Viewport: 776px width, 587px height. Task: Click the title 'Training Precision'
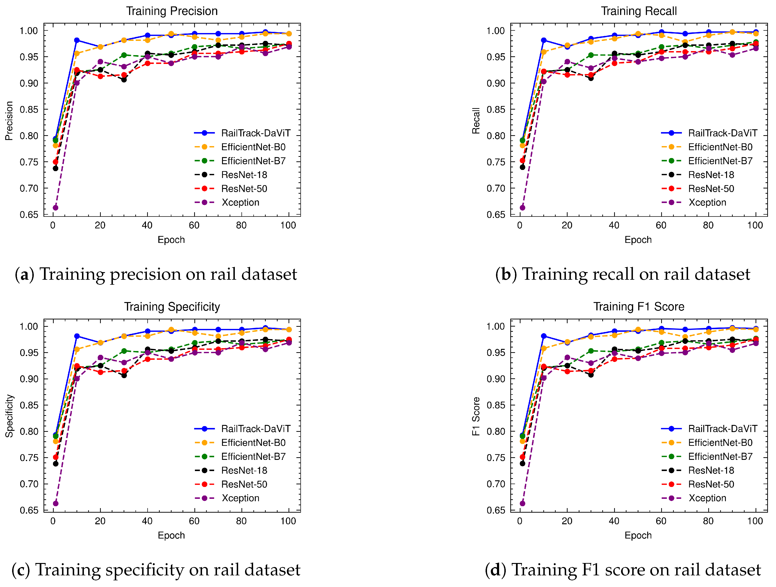[x=172, y=11]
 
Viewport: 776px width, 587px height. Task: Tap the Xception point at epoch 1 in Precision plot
[x=55, y=208]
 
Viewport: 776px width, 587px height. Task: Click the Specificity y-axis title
[x=9, y=416]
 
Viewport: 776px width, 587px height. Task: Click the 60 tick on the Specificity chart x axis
[x=194, y=521]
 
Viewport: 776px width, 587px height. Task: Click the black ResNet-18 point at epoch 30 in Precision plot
[x=124, y=80]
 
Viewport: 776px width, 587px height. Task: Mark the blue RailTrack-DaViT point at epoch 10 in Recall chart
[x=544, y=40]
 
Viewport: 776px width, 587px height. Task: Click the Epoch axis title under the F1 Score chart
[x=638, y=536]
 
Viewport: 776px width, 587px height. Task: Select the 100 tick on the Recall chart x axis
[x=755, y=226]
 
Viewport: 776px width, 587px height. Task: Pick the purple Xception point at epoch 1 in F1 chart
[x=522, y=504]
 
